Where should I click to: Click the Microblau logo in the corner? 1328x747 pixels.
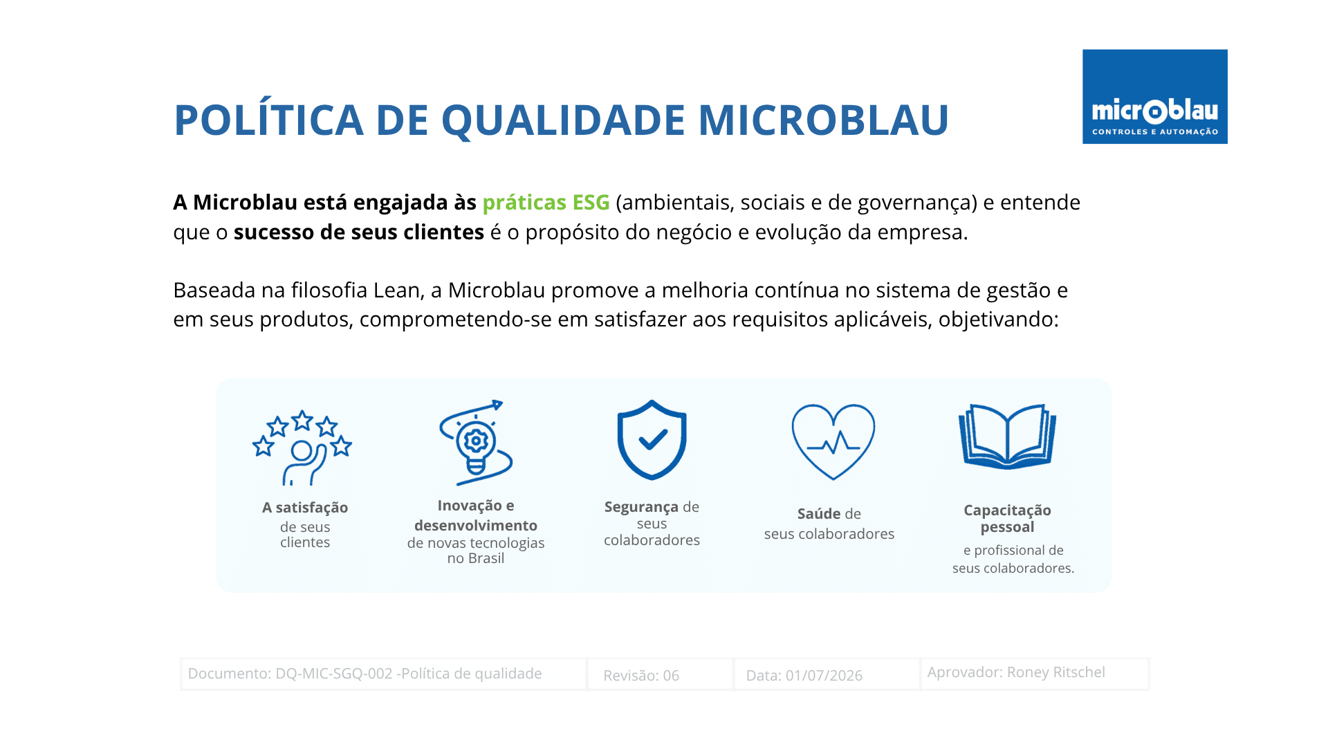[x=1154, y=96]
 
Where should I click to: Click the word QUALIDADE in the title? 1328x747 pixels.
[x=563, y=120]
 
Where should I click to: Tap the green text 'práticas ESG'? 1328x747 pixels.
[x=546, y=203]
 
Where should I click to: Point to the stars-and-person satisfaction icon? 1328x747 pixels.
[x=302, y=448]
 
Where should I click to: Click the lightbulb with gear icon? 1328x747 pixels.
[x=476, y=443]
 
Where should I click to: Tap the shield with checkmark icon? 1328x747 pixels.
[x=652, y=440]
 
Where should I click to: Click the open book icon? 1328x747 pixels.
[x=1007, y=436]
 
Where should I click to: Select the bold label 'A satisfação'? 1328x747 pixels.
[x=305, y=508]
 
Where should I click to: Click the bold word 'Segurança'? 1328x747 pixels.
[x=642, y=507]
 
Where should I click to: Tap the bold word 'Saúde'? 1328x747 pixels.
[x=819, y=514]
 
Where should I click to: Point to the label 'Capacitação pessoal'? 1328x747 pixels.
[x=1007, y=519]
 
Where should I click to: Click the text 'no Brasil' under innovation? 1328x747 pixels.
[x=476, y=558]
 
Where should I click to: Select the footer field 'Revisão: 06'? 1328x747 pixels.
[x=641, y=676]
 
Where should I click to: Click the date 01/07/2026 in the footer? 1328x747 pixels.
[x=824, y=676]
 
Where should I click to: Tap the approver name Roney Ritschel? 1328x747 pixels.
[x=1056, y=672]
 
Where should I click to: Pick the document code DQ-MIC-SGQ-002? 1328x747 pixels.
[x=334, y=674]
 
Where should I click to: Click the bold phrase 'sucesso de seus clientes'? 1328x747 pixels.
[x=359, y=232]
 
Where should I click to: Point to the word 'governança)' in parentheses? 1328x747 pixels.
[x=917, y=203]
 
